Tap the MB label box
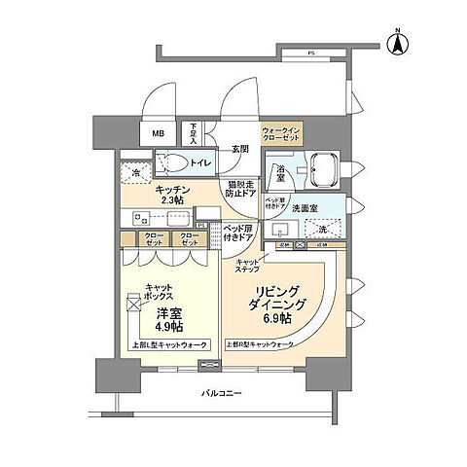pos(158,135)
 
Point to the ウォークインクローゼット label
pos(284,134)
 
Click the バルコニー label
pos(223,393)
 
